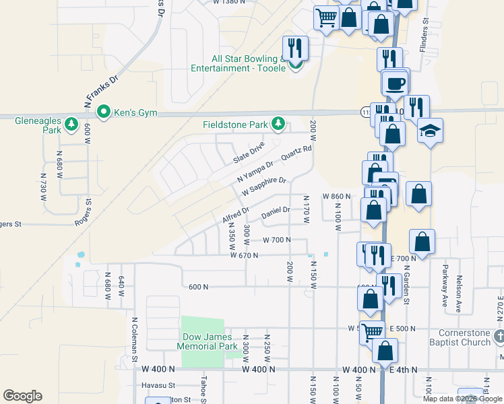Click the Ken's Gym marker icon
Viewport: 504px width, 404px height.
coord(104,112)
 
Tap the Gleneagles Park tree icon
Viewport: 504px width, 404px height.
coord(71,125)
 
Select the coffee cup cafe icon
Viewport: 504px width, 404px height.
coord(396,83)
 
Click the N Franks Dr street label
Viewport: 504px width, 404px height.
coord(102,87)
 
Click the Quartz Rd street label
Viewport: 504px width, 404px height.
coord(296,154)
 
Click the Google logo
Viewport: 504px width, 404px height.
coord(22,396)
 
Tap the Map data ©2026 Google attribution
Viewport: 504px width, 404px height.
coord(462,399)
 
